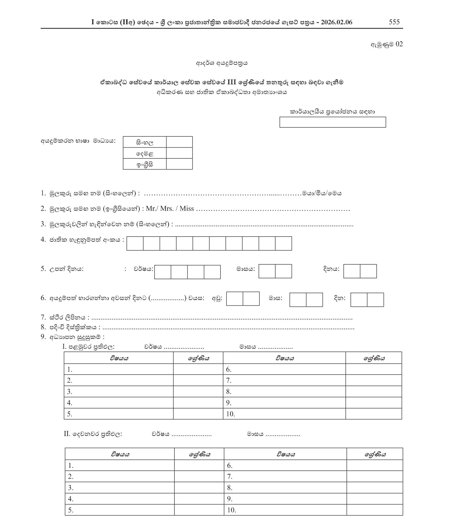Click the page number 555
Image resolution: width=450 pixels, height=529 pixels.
tap(394, 22)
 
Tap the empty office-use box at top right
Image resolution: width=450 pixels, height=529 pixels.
tap(332, 122)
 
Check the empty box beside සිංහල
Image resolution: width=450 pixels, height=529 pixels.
tap(179, 142)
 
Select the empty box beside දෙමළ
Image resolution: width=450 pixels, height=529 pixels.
tap(179, 153)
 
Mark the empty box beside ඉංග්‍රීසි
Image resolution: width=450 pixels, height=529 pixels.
tap(179, 164)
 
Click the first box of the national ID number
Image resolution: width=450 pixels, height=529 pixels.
tap(135, 243)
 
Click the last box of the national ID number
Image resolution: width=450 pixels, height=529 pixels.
tap(283, 243)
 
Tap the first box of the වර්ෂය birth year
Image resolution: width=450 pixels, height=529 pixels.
tap(163, 272)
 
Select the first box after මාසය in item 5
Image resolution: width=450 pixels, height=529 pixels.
tap(267, 271)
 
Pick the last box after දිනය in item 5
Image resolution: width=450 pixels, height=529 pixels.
tap(368, 271)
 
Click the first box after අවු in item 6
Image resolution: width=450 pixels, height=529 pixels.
tap(235, 299)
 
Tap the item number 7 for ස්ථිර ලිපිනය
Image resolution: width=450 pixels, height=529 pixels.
tap(43, 317)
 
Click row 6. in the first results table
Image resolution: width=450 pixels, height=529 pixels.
tap(229, 370)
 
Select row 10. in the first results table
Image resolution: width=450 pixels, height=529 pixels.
tap(230, 414)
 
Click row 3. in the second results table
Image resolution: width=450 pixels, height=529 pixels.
tap(70, 488)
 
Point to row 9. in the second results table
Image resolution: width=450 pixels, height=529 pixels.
tap(229, 499)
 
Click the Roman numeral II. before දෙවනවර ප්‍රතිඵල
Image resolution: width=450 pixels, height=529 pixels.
tap(67, 434)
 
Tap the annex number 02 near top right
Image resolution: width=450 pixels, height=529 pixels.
tap(399, 44)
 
